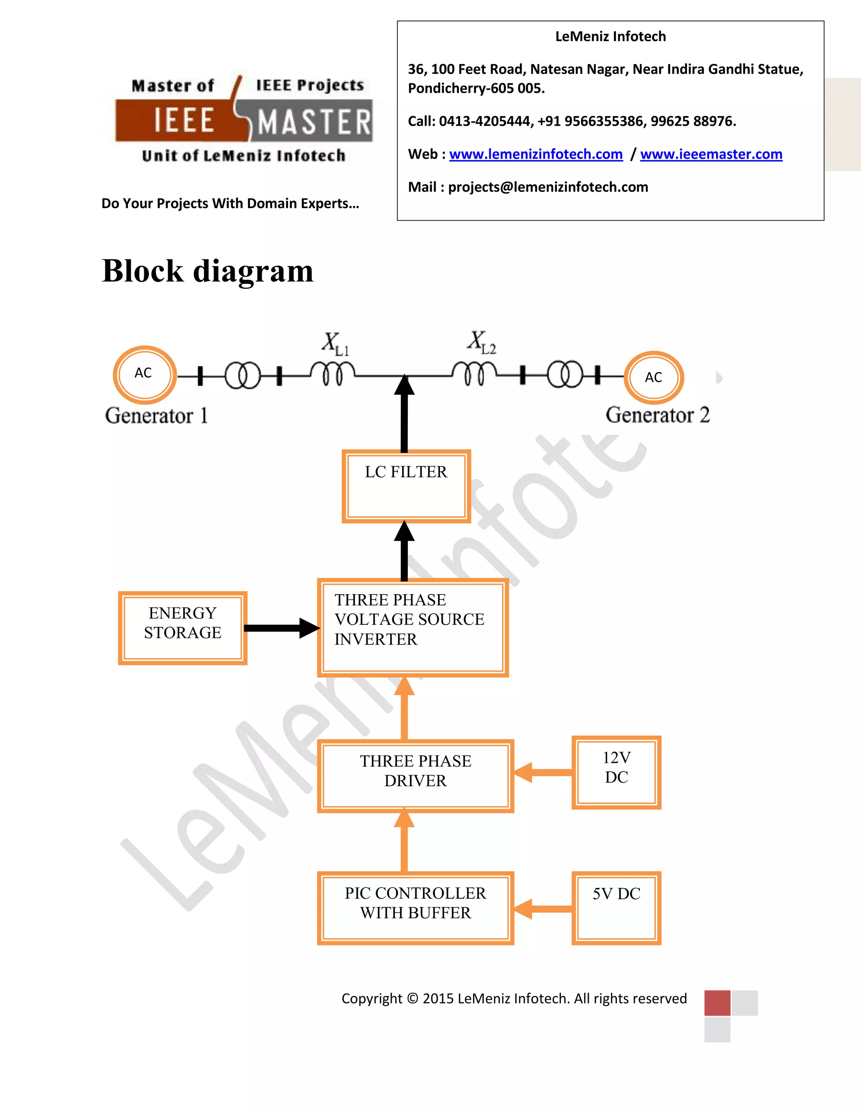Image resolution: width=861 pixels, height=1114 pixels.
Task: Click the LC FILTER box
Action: pyautogui.click(x=406, y=486)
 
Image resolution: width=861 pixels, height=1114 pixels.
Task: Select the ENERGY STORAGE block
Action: pyautogui.click(x=182, y=628)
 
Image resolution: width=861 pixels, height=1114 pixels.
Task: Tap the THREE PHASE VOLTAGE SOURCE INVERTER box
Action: pyautogui.click(x=413, y=627)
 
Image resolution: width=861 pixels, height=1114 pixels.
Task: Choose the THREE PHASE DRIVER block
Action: pyautogui.click(x=415, y=775)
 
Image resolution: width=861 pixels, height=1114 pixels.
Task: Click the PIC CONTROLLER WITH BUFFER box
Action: pyautogui.click(x=415, y=908)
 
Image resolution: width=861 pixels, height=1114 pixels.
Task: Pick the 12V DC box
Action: pyautogui.click(x=616, y=772)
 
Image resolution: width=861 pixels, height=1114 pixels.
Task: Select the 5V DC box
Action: pyautogui.click(x=616, y=908)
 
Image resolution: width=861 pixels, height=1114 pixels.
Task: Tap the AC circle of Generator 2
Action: pyautogui.click(x=653, y=378)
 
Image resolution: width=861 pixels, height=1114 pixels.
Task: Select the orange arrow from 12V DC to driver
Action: pyautogui.click(x=543, y=772)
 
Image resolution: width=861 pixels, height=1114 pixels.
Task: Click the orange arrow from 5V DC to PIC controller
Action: pyautogui.click(x=543, y=909)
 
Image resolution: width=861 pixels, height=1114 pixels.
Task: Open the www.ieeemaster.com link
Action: pyautogui.click(x=711, y=154)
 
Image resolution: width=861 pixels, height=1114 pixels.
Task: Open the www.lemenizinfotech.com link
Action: pyautogui.click(x=536, y=154)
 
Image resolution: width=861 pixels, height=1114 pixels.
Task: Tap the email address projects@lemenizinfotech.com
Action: pyautogui.click(x=548, y=187)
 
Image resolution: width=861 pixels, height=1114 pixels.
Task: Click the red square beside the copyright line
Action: pyautogui.click(x=717, y=1003)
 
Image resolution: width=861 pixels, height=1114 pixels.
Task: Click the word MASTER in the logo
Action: pyautogui.click(x=314, y=123)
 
